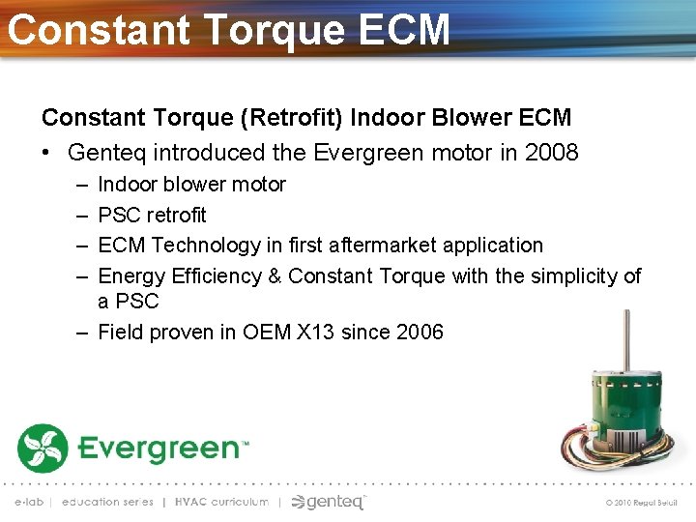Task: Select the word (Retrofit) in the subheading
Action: click(293, 118)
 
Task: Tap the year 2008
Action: click(552, 152)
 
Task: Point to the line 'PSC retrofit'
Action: click(152, 215)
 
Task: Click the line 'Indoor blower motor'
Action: click(191, 184)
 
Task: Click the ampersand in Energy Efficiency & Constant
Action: click(274, 276)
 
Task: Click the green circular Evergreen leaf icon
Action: click(42, 449)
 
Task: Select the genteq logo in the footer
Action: click(329, 502)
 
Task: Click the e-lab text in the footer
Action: click(29, 502)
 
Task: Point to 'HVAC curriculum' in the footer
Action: click(221, 502)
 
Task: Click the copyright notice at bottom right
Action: click(641, 503)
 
